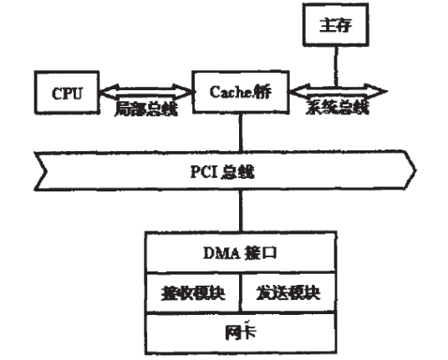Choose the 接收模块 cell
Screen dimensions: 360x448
(194, 294)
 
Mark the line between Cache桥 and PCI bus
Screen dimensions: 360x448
(240, 129)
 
